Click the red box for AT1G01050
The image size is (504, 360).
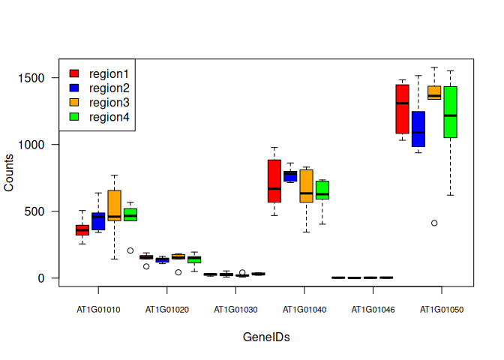402,109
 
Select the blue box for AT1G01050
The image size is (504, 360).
418,129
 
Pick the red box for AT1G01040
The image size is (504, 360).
274,181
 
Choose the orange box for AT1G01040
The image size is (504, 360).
306,186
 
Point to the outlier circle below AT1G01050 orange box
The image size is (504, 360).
434,223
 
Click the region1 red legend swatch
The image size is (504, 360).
74,73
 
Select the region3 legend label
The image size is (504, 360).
109,103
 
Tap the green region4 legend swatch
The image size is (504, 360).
74,117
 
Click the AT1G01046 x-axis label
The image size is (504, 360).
372,309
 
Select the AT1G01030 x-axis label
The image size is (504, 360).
235,309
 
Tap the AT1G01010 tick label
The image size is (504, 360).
97,309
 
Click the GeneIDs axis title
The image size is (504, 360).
266,337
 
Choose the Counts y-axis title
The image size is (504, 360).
9,172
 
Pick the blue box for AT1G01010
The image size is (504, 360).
98,221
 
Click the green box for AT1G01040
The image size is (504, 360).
322,190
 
